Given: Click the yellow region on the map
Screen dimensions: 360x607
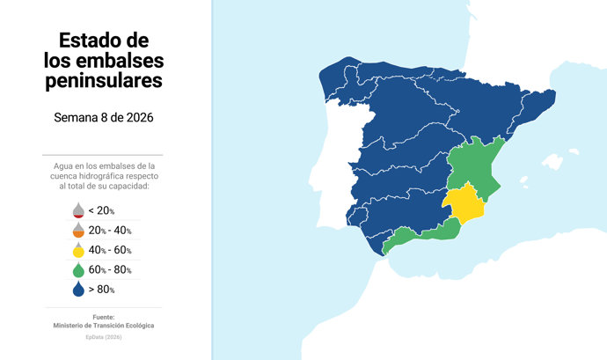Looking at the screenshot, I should pyautogui.click(x=466, y=205).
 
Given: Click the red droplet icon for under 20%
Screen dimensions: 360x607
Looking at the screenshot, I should pyautogui.click(x=77, y=210).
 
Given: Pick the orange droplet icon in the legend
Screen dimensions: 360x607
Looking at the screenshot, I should pyautogui.click(x=77, y=231).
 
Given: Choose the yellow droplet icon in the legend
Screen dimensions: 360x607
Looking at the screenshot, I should pyautogui.click(x=77, y=250).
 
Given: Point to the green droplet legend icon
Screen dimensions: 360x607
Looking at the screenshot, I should pyautogui.click(x=77, y=269).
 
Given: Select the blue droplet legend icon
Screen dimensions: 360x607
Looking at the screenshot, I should pyautogui.click(x=77, y=289).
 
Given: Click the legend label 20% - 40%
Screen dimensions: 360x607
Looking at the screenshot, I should pyautogui.click(x=110, y=231).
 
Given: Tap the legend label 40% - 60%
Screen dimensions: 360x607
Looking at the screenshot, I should pyautogui.click(x=110, y=250).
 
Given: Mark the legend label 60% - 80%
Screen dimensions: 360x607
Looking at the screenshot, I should pyautogui.click(x=110, y=269).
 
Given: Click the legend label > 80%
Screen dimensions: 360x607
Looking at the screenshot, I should pyautogui.click(x=102, y=289).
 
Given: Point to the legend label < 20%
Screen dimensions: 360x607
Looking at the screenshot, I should pyautogui.click(x=102, y=211).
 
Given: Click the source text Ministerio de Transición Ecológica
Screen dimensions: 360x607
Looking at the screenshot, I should pyautogui.click(x=103, y=326).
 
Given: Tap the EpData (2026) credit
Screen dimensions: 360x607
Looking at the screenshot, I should pyautogui.click(x=103, y=337).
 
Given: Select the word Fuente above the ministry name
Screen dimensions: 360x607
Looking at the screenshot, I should pyautogui.click(x=103, y=317).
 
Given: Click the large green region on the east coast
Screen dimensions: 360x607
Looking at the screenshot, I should pyautogui.click(x=475, y=163).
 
